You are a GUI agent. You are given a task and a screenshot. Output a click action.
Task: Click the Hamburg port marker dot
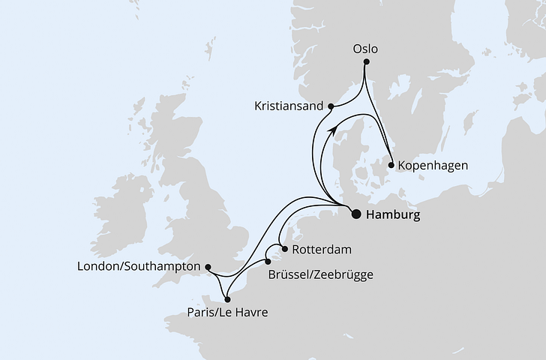pyautogui.click(x=356, y=214)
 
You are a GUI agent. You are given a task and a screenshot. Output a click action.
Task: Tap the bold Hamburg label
pyautogui.click(x=392, y=214)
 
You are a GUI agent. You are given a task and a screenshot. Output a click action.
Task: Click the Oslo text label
pyautogui.click(x=364, y=49)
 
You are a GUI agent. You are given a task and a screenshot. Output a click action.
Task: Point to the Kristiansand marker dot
pyautogui.click(x=331, y=106)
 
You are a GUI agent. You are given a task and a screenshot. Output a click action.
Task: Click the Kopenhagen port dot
pyautogui.click(x=391, y=163)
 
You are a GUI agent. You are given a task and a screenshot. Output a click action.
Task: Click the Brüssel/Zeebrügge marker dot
pyautogui.click(x=268, y=262)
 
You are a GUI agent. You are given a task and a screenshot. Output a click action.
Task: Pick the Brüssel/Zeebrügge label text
pyautogui.click(x=320, y=274)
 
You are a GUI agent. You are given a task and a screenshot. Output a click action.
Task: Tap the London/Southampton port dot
pyautogui.click(x=208, y=266)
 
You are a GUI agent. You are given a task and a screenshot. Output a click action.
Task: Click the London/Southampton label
pyautogui.click(x=139, y=266)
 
